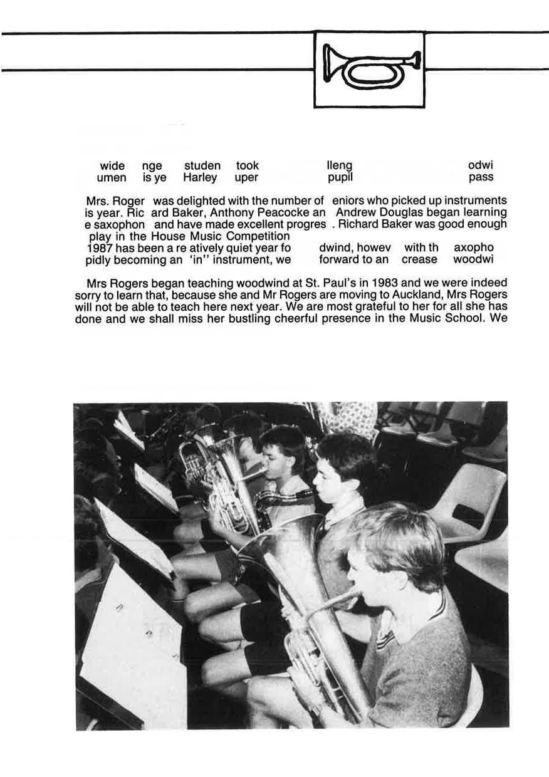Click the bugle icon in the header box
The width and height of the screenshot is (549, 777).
370,69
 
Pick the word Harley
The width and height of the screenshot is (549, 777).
200,177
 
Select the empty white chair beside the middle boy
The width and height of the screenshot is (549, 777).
474,495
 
